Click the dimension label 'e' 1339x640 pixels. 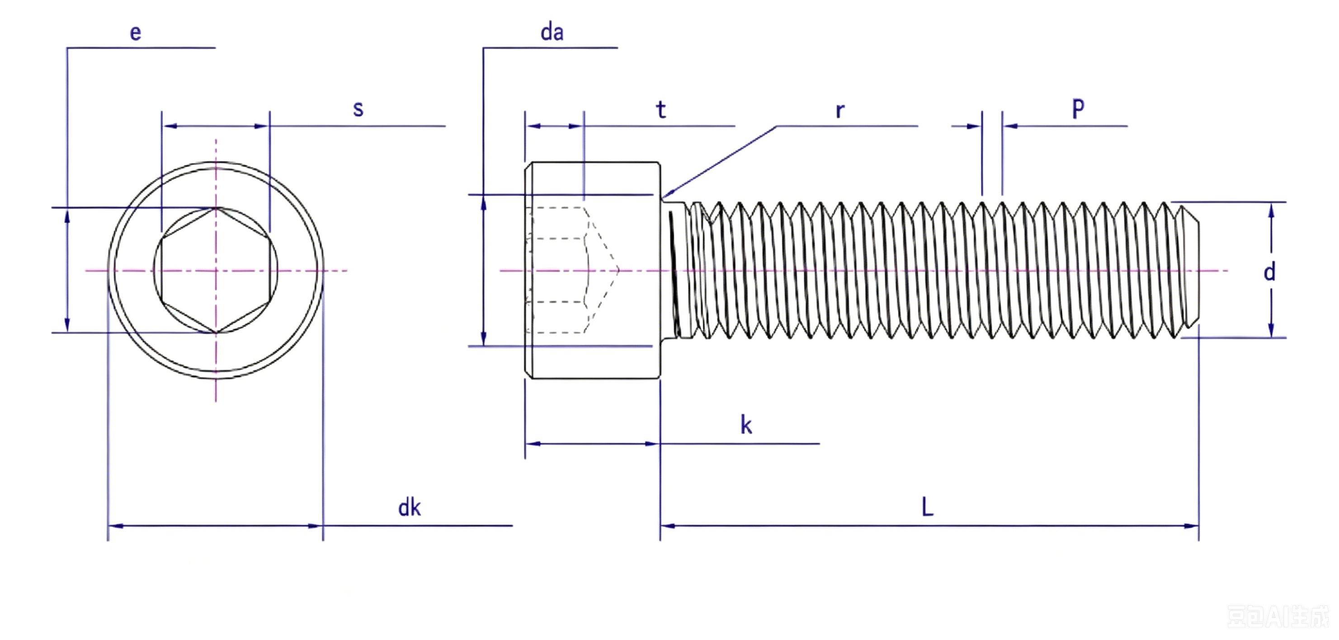pyautogui.click(x=135, y=33)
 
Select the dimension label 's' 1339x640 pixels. pyautogui.click(x=358, y=109)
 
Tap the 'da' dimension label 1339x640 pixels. pyautogui.click(x=552, y=32)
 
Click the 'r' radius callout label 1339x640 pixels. pyautogui.click(x=840, y=110)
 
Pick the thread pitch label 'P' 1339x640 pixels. pyautogui.click(x=1079, y=108)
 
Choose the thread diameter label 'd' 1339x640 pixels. pyautogui.click(x=1270, y=272)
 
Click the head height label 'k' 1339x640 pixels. pyautogui.click(x=746, y=425)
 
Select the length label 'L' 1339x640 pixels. pyautogui.click(x=927, y=507)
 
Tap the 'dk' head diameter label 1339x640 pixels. pyautogui.click(x=409, y=507)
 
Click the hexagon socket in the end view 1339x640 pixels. pyautogui.click(x=216, y=270)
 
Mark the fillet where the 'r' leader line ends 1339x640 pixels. pyautogui.click(x=663, y=199)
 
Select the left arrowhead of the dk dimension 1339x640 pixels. pyautogui.click(x=116, y=526)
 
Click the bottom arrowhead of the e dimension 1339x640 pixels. pyautogui.click(x=67, y=324)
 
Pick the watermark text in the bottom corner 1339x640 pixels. pyautogui.click(x=1277, y=616)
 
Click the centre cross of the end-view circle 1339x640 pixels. pyautogui.click(x=216, y=270)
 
